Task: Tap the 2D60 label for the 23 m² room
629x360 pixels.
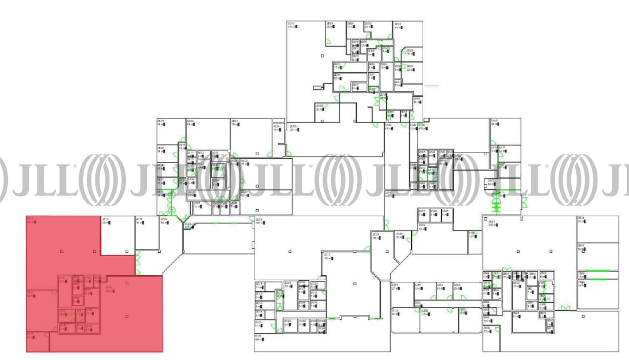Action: click(x=319, y=106)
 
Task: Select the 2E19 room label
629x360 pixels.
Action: click(x=161, y=121)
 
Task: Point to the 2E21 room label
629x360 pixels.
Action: click(x=235, y=121)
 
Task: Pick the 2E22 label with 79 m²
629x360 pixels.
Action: click(x=244, y=160)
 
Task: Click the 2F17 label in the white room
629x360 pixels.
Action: click(x=106, y=219)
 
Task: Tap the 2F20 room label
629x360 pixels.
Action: click(x=164, y=219)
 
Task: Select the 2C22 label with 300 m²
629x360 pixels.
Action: click(x=259, y=220)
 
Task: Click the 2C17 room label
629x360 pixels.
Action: click(x=328, y=255)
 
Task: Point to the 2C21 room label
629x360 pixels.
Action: click(x=375, y=234)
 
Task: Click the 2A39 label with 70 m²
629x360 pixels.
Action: click(x=421, y=225)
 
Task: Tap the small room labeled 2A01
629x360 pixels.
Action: click(x=422, y=211)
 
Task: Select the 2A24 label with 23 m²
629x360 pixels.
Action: click(x=399, y=234)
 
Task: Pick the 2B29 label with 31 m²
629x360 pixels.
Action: click(x=516, y=313)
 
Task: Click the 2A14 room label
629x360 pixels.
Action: click(x=388, y=193)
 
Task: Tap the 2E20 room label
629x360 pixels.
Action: click(x=190, y=121)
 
